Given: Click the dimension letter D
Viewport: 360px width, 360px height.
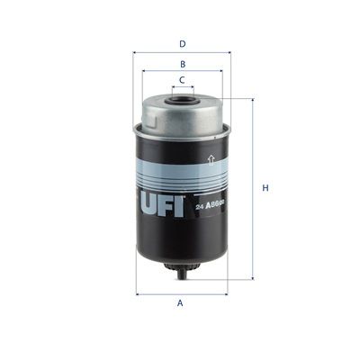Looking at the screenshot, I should point(183,43).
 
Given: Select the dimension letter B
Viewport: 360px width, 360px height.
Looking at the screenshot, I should point(183,64).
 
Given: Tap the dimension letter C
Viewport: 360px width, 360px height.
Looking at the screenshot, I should point(183,80).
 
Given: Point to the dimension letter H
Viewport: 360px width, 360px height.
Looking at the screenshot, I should point(265,188).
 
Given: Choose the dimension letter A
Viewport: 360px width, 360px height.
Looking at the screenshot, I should point(181,303).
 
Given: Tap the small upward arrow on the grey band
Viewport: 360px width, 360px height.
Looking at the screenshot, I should point(211,161).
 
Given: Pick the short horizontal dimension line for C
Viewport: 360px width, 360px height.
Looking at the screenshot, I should point(183,88).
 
